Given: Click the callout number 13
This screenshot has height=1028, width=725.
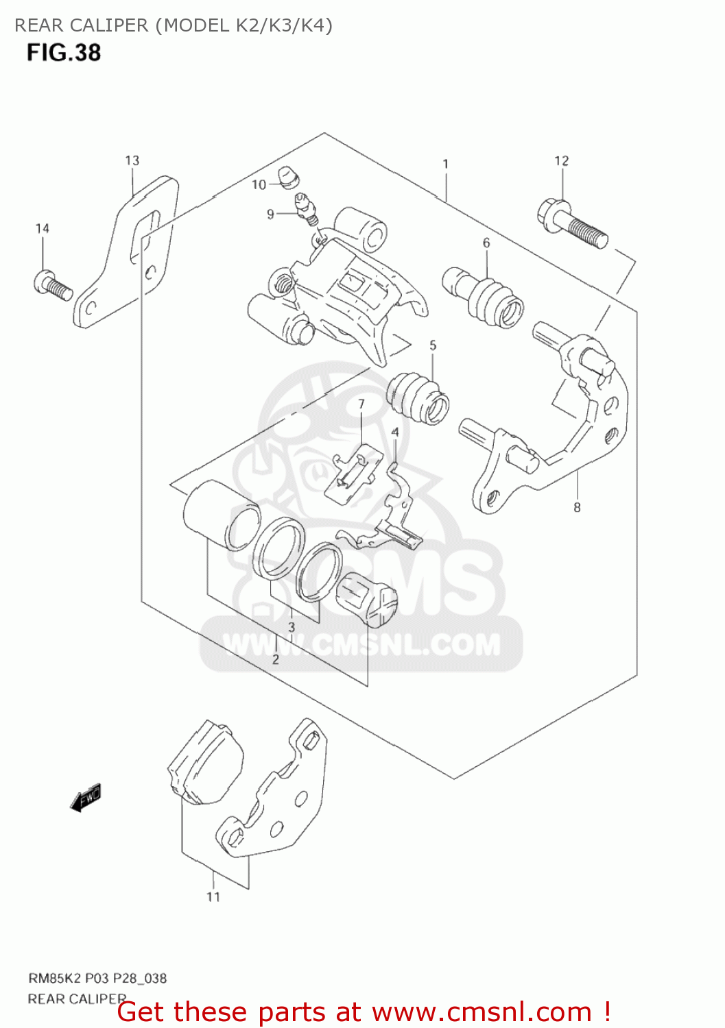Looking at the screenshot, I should click(x=132, y=160).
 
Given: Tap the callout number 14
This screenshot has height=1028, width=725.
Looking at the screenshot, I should click(x=43, y=228).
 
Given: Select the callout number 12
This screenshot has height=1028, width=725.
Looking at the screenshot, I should click(x=561, y=160).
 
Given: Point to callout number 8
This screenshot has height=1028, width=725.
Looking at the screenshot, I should click(x=577, y=507).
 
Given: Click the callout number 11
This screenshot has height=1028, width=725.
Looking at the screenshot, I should click(x=213, y=896).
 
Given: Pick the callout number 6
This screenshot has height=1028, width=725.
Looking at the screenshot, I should click(x=486, y=243).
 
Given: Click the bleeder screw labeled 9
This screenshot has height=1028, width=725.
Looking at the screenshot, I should click(x=305, y=209).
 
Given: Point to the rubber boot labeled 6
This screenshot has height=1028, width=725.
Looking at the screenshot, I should click(x=488, y=298).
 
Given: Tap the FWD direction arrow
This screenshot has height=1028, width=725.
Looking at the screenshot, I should click(x=86, y=798).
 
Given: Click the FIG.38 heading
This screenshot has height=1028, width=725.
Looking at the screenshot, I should click(x=64, y=53).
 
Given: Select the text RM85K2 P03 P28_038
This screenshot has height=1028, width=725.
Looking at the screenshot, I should click(x=97, y=978).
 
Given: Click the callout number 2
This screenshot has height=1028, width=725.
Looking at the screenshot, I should click(x=275, y=659).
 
